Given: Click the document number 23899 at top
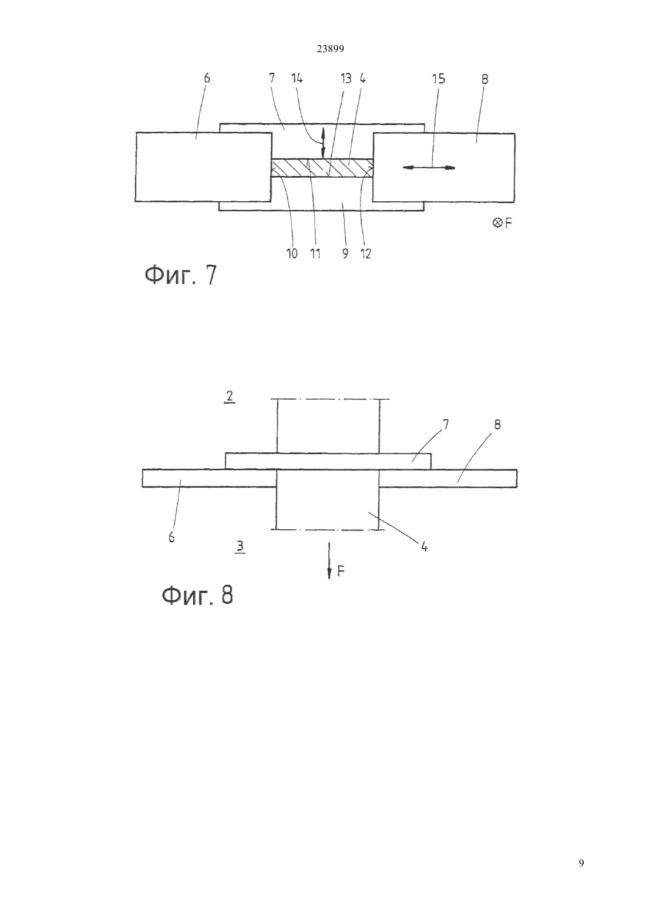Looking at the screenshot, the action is click(x=330, y=49).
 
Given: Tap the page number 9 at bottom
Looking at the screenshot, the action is click(x=581, y=863).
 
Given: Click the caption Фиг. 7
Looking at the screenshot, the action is click(x=181, y=275).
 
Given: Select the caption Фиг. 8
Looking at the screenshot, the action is click(x=197, y=596).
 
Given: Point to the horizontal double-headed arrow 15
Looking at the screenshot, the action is click(x=429, y=167).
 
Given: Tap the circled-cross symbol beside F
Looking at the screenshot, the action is click(x=497, y=223).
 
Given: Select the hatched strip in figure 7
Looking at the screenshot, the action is click(x=322, y=167).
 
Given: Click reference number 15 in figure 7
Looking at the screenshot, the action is click(x=439, y=79).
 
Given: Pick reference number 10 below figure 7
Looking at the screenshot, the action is click(x=292, y=253).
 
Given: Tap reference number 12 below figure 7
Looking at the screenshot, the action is click(x=366, y=253).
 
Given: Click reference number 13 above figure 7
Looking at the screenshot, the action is click(x=346, y=78).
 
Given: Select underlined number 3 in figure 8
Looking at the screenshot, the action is click(x=240, y=546).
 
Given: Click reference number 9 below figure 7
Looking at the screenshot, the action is click(x=345, y=253).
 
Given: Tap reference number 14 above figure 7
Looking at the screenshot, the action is click(x=297, y=78).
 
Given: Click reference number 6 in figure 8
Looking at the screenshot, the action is click(x=171, y=537).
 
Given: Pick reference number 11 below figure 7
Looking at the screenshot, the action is click(x=315, y=253).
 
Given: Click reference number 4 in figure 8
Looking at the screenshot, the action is click(x=424, y=547).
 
